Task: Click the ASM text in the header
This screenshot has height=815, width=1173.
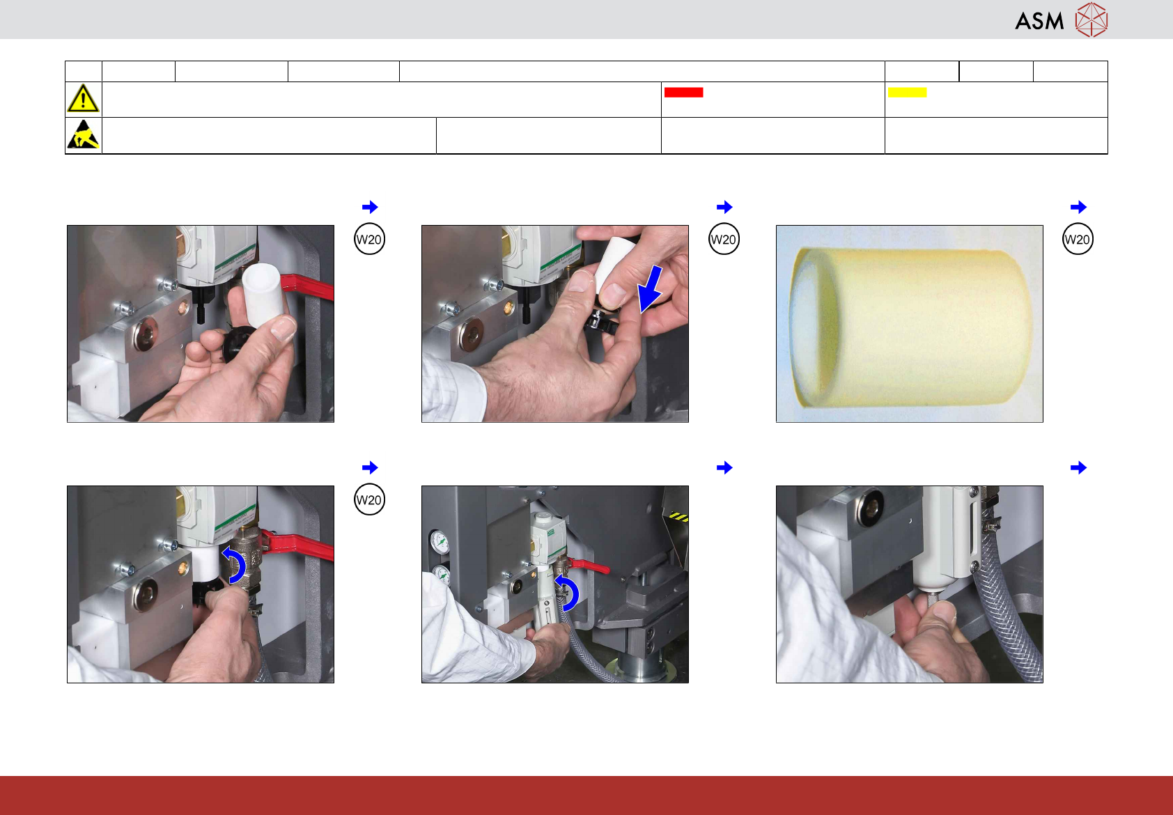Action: click(x=1039, y=22)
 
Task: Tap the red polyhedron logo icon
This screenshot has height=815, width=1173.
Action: click(x=1092, y=20)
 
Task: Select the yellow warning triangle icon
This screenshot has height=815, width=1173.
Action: click(x=83, y=98)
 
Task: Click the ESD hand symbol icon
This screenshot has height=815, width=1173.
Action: click(x=84, y=134)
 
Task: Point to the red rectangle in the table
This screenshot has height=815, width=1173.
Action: click(x=683, y=92)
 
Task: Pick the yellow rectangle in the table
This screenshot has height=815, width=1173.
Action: click(x=907, y=92)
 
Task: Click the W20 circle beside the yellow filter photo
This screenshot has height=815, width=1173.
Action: click(x=1078, y=240)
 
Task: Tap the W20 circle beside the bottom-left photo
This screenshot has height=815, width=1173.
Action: click(x=369, y=499)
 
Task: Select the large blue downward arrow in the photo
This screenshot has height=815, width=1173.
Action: click(x=651, y=290)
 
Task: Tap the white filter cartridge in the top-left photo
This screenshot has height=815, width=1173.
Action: click(x=264, y=295)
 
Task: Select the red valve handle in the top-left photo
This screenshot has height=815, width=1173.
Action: click(x=307, y=286)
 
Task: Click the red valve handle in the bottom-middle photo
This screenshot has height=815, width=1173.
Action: click(x=589, y=566)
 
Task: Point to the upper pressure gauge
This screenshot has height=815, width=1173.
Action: click(x=441, y=543)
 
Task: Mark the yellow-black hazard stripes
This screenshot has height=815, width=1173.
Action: click(x=678, y=518)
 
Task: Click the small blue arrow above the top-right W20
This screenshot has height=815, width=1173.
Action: click(x=1078, y=207)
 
